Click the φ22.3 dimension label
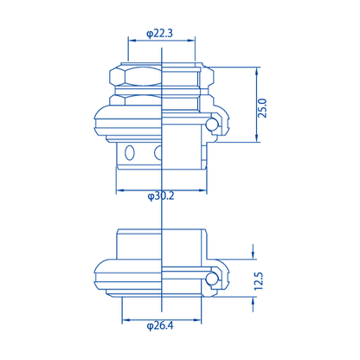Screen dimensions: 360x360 coord(159,34)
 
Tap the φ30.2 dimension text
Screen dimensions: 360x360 coord(161,196)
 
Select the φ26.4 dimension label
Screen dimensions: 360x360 coord(160,326)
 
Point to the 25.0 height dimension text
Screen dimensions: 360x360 coord(262,108)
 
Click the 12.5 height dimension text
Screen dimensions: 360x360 coord(259,281)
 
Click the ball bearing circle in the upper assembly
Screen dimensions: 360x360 coord(212,124)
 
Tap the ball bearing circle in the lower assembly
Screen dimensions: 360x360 coord(212,279)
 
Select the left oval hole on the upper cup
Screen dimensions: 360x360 coord(130,152)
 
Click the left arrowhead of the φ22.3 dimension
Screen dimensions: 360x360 coord(132,41)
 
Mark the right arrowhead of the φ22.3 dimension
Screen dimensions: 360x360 coord(191,41)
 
